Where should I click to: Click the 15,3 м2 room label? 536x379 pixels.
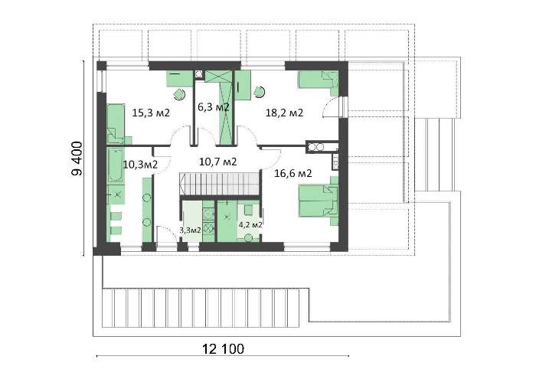pyautogui.click(x=151, y=113)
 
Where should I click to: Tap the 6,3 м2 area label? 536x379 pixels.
pyautogui.click(x=214, y=107)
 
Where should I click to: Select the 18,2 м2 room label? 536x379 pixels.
pyautogui.click(x=284, y=113)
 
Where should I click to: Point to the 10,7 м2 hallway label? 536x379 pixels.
pyautogui.click(x=217, y=162)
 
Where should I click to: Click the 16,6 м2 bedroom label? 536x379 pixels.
pyautogui.click(x=293, y=173)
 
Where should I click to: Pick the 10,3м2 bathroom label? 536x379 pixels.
pyautogui.click(x=140, y=165)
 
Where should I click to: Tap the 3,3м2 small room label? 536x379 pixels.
pyautogui.click(x=191, y=230)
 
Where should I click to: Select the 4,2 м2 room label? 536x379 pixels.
pyautogui.click(x=250, y=225)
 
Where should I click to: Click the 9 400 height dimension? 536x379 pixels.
pyautogui.click(x=77, y=159)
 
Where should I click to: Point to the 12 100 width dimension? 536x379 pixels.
pyautogui.click(x=224, y=349)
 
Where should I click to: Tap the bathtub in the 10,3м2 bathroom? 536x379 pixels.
pyautogui.click(x=116, y=165)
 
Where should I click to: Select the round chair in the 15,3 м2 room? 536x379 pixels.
pyautogui.click(x=178, y=93)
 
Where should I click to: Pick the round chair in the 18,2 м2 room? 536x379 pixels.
pyautogui.click(x=259, y=92)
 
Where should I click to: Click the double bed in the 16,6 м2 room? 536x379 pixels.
pyautogui.click(x=319, y=201)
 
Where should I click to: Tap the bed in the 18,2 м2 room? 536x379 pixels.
pyautogui.click(x=319, y=83)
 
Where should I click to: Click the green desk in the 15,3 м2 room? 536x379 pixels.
pyautogui.click(x=180, y=79)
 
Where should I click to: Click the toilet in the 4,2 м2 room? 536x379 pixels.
pyautogui.click(x=249, y=237)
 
